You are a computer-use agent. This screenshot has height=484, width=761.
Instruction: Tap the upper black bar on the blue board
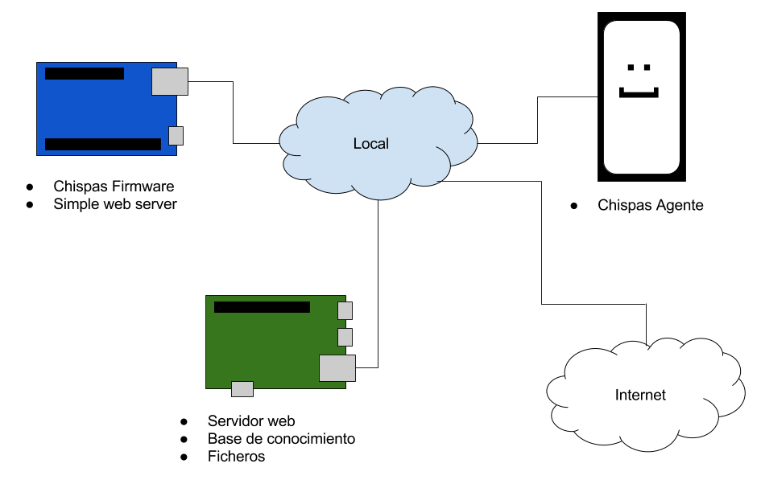click(85, 74)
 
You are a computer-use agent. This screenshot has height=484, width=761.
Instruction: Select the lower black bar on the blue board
click(102, 145)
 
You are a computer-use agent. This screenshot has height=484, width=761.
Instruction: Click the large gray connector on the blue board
click(170, 81)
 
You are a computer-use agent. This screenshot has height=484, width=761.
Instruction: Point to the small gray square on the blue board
click(176, 136)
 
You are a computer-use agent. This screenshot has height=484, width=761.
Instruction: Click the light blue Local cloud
click(378, 169)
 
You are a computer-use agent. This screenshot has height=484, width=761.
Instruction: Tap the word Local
click(371, 144)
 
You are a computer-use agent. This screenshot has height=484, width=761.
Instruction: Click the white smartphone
click(642, 129)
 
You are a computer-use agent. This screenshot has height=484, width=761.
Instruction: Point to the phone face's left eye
click(631, 68)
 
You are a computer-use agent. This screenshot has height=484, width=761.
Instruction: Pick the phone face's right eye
click(647, 68)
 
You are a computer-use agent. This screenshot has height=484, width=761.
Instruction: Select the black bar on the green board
click(262, 307)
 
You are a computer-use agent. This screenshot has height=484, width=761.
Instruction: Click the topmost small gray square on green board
click(345, 310)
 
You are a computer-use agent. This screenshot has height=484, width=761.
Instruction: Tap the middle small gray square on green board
click(345, 337)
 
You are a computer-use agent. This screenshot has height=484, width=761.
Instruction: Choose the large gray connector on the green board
click(337, 367)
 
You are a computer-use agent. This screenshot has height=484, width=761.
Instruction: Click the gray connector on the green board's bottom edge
click(242, 389)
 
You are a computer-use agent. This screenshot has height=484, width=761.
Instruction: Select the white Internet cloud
click(644, 418)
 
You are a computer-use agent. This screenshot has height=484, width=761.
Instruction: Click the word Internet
click(640, 395)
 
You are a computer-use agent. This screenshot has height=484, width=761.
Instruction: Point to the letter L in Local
click(357, 144)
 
